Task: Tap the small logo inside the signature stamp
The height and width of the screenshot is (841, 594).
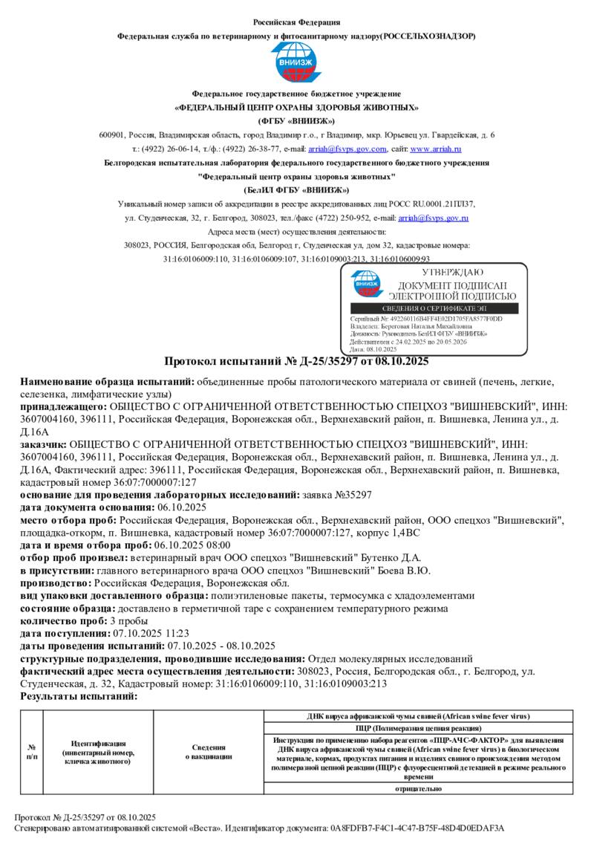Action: click(x=365, y=284)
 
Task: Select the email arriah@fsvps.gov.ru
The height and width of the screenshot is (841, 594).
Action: click(x=433, y=218)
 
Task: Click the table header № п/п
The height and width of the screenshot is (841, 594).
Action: click(x=32, y=751)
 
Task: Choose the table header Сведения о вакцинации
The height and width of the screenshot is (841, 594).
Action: click(x=209, y=751)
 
